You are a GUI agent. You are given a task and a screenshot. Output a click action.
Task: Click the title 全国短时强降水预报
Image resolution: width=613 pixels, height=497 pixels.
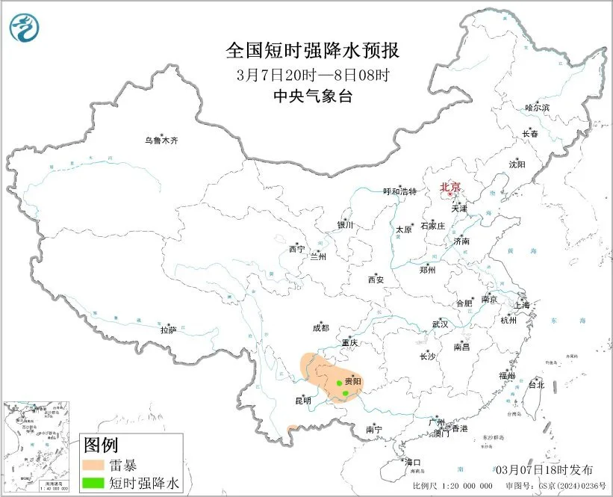[313, 51]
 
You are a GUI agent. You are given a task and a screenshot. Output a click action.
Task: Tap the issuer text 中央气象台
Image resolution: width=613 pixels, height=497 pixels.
[313, 95]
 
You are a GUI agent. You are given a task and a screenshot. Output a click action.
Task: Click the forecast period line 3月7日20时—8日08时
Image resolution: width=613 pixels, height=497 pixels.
[313, 74]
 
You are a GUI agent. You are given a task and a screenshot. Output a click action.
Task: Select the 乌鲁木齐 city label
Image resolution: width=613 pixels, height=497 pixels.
[162, 140]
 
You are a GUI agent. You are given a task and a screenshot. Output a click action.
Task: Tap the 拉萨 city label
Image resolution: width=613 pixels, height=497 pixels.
[168, 329]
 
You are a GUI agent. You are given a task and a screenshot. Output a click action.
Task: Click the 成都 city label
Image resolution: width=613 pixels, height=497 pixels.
[320, 327]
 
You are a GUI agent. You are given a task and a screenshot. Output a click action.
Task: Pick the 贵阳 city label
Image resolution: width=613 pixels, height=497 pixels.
[352, 381]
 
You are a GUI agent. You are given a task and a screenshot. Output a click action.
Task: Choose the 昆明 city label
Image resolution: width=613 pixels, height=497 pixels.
[302, 401]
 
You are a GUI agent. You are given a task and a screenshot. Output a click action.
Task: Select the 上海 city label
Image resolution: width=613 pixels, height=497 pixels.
[523, 305]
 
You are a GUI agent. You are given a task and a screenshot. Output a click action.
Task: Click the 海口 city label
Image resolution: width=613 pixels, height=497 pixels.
[413, 462]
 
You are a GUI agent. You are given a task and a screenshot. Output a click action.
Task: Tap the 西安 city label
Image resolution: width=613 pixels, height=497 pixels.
[376, 280]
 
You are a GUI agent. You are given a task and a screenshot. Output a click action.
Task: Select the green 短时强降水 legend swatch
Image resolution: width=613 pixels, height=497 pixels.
[94, 484]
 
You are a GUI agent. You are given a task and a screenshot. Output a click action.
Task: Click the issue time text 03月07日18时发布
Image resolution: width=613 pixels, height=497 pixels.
[544, 469]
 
